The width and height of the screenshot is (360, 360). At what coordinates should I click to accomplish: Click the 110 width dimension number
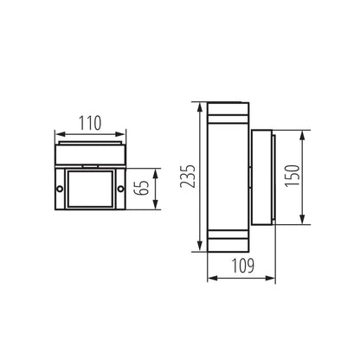(91, 125)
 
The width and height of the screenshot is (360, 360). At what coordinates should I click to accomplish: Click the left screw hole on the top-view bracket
(60, 188)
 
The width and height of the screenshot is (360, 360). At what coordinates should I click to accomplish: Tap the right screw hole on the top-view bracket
(121, 188)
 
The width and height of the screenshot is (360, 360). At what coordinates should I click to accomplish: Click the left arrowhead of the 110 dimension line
(57, 135)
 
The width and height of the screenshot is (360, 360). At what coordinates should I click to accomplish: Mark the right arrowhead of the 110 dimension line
(124, 135)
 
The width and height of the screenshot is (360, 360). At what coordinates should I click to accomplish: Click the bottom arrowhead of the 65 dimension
(154, 208)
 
